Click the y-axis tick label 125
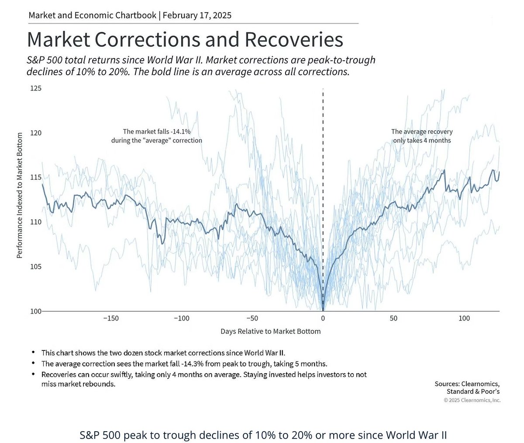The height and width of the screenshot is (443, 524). click(x=36, y=88)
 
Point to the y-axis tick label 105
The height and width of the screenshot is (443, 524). click(x=36, y=266)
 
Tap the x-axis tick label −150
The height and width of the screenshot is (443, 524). click(x=110, y=318)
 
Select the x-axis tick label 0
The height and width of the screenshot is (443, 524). click(x=323, y=318)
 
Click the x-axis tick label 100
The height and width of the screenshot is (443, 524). click(x=464, y=318)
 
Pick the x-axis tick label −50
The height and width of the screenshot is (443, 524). click(x=252, y=318)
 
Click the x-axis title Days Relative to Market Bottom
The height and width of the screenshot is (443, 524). click(x=270, y=331)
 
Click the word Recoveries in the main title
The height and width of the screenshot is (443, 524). click(x=293, y=40)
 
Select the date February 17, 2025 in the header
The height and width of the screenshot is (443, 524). click(x=197, y=15)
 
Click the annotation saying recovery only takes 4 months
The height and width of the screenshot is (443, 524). click(x=422, y=136)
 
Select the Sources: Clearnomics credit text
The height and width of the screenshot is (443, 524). click(x=468, y=384)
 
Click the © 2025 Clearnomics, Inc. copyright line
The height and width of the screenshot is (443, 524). click(x=472, y=400)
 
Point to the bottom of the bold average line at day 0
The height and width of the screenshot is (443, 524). click(x=323, y=309)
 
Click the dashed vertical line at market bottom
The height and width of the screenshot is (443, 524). click(x=323, y=175)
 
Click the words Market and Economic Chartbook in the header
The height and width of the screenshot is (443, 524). click(x=92, y=15)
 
